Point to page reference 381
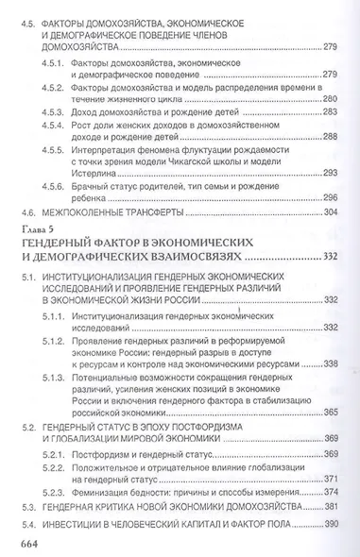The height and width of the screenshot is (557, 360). click(330, 506)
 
